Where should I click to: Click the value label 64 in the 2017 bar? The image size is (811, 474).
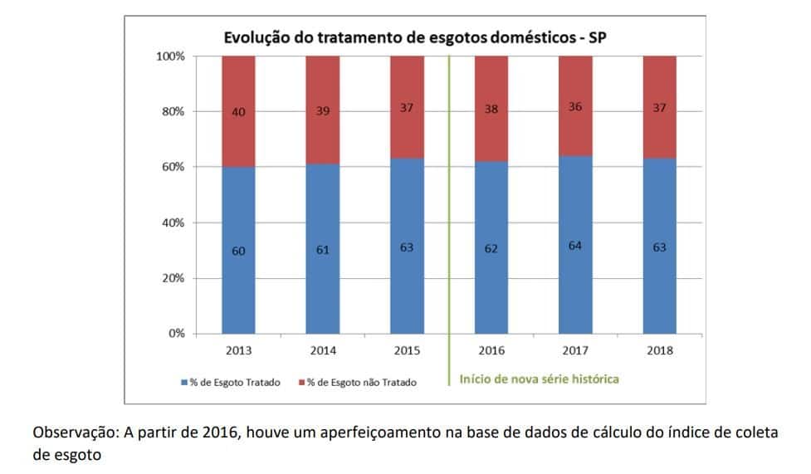click(575, 246)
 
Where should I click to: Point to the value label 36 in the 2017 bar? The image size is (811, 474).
click(575, 107)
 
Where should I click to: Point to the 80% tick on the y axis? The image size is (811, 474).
click(173, 111)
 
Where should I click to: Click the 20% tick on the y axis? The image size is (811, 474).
click(173, 278)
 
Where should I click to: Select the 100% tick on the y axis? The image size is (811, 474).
click(170, 56)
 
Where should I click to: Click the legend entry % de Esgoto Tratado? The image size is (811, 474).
click(232, 383)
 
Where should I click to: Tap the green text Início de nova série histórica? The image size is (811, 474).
click(539, 379)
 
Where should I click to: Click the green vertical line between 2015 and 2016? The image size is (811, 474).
click(449, 208)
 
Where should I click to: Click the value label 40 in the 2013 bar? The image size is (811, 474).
click(238, 111)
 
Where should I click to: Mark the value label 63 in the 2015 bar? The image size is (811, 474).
click(407, 247)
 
